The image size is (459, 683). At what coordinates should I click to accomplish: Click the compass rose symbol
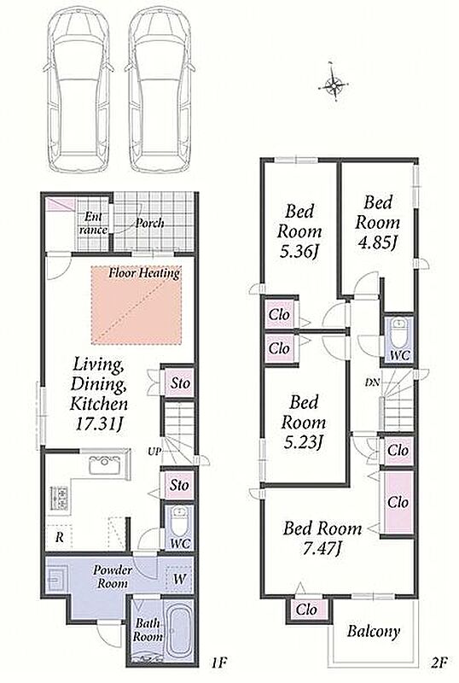pyautogui.click(x=334, y=84)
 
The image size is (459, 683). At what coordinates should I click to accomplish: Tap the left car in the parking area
pyautogui.click(x=78, y=90)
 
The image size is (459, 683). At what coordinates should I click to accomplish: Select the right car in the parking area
pyautogui.click(x=160, y=90)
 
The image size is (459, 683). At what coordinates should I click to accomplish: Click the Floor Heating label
pyautogui.click(x=144, y=273)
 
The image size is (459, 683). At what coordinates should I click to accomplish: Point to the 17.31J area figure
pyautogui.click(x=98, y=424)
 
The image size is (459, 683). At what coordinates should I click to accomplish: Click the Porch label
pyautogui.click(x=150, y=223)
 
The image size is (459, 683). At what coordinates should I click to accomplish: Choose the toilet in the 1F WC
pyautogui.click(x=178, y=522)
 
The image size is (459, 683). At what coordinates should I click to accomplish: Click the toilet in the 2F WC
pyautogui.click(x=399, y=332)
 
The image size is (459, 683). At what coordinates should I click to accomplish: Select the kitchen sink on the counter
pyautogui.click(x=106, y=464)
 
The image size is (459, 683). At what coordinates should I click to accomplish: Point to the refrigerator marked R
pyautogui.click(x=59, y=537)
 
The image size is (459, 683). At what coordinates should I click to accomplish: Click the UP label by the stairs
pyautogui.click(x=155, y=451)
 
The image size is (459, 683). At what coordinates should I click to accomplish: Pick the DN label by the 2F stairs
pyautogui.click(x=372, y=382)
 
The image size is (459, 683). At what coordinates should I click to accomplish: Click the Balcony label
pyautogui.click(x=373, y=631)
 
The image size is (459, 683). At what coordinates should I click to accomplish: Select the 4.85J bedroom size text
pyautogui.click(x=377, y=242)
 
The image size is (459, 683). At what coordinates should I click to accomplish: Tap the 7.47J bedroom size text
pyautogui.click(x=322, y=548)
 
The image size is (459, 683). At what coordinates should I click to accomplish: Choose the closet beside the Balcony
pyautogui.click(x=306, y=610)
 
